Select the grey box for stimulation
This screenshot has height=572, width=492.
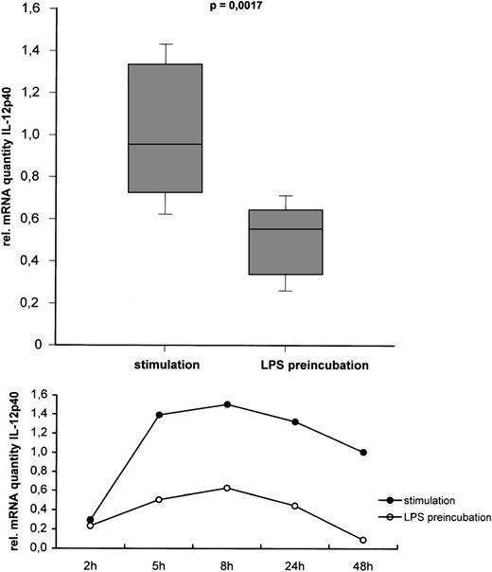[x=166, y=128]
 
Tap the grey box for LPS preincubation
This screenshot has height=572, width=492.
[x=286, y=241]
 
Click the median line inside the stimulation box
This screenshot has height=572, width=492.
[x=166, y=144]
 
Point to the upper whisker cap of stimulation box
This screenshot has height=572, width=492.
[x=166, y=45]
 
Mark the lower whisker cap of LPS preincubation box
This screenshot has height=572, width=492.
[x=286, y=291]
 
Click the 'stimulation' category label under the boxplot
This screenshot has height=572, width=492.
[x=166, y=363]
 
